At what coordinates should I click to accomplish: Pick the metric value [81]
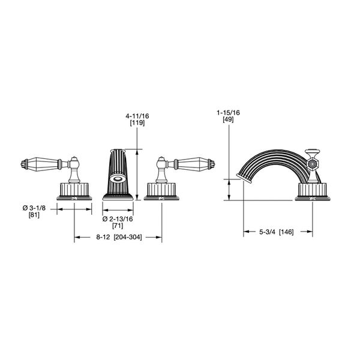pos(34,215)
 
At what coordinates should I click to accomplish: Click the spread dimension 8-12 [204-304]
pos(118,238)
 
